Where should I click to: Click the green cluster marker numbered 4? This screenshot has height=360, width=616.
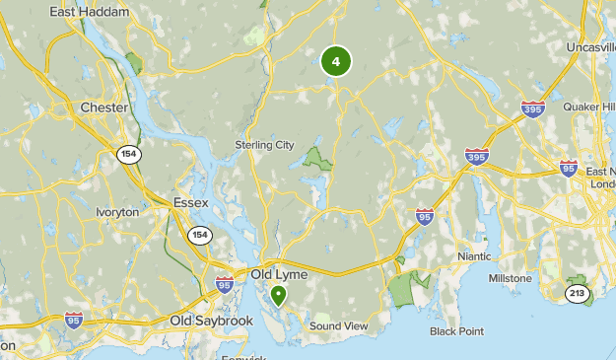(x=336, y=61)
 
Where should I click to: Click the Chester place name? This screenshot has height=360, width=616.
(x=104, y=108)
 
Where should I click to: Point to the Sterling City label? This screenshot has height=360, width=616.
(x=264, y=145)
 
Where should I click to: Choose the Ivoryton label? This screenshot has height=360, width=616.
(x=117, y=212)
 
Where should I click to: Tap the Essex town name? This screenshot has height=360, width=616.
(x=190, y=202)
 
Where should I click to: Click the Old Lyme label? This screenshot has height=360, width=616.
(x=280, y=274)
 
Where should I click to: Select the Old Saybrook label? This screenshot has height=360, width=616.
(x=212, y=322)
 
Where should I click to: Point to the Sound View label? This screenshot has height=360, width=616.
(x=338, y=325)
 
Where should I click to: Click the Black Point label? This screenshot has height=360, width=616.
(x=456, y=331)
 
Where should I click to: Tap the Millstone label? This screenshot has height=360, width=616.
(x=511, y=279)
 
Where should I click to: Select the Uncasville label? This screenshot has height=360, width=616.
(x=590, y=46)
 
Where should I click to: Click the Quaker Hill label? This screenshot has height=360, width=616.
(x=588, y=107)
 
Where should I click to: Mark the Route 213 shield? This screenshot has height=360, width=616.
(x=578, y=293)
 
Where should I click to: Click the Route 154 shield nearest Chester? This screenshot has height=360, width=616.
(x=129, y=154)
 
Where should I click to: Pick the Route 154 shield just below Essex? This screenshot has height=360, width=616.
(x=200, y=234)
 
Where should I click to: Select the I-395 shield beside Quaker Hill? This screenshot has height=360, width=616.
(x=533, y=108)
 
